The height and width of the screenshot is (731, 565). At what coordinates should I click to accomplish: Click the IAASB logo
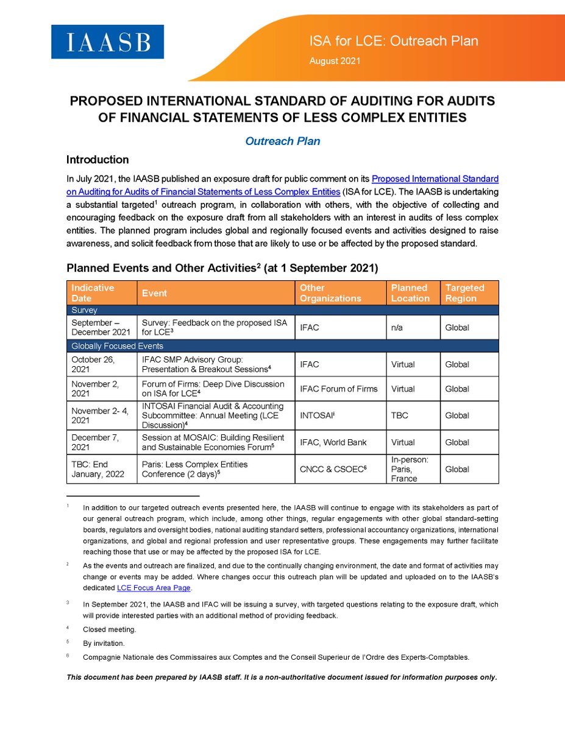coord(107,41)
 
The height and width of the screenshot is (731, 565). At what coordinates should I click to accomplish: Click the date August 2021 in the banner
coord(335,61)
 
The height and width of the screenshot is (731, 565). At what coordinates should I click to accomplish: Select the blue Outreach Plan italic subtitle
coord(282,141)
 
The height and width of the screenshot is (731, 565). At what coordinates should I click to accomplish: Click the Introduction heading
coord(98,160)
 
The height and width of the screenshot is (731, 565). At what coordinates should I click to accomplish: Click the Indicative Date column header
coord(93,293)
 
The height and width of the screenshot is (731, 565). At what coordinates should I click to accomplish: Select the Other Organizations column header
coord(330,293)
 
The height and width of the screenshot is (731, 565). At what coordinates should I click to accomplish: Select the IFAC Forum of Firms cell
coord(338,389)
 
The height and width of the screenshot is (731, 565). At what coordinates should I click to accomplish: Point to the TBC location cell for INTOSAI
coord(399,415)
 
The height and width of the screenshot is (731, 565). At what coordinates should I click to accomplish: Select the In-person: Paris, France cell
coord(409,469)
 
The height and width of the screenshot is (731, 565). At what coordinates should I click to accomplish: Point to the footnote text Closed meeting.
coord(110,629)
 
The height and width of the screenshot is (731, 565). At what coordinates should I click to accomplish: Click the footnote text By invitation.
coord(105,643)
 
